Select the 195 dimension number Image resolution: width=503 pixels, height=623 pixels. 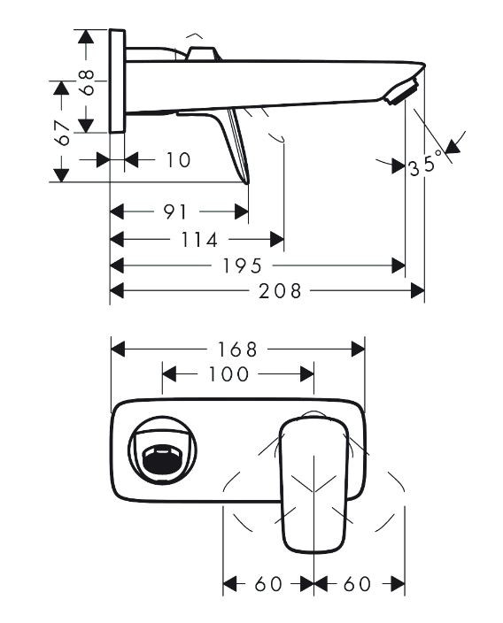coord(240,265)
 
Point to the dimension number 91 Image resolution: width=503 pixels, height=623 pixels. coord(175,212)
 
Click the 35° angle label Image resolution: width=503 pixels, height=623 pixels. coord(426,165)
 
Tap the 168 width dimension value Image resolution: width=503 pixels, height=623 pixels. coord(236,349)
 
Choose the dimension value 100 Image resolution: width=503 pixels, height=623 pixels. coord(228,374)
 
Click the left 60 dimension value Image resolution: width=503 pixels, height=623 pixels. coord(267,584)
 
